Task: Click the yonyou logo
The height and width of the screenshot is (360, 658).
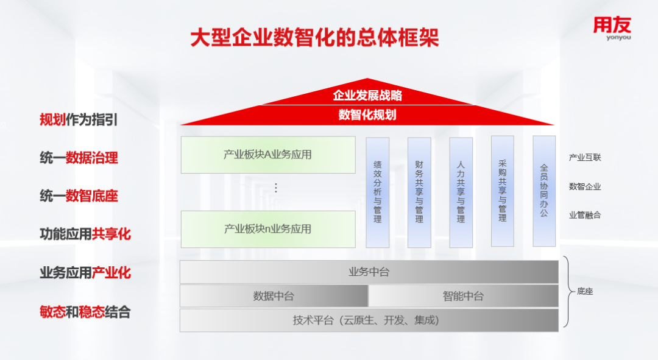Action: tap(612, 28)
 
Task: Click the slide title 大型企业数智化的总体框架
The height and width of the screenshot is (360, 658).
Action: tap(314, 38)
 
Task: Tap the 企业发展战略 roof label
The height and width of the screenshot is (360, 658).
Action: tap(367, 96)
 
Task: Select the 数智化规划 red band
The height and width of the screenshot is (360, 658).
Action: tap(367, 115)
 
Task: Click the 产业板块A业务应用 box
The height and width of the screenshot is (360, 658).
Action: tap(268, 155)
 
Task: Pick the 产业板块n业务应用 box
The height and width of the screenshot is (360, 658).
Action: tap(268, 229)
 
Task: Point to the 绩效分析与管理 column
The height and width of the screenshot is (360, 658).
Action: tap(378, 192)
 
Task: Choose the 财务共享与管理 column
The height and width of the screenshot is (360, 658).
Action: tap(419, 192)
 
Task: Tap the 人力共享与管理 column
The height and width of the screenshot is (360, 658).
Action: tap(461, 192)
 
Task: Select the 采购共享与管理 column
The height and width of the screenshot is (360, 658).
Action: tap(503, 191)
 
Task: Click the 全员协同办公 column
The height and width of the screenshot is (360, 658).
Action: tap(544, 191)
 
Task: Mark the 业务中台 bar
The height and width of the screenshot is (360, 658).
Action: tap(369, 272)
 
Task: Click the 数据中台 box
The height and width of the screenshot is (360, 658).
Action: tap(274, 296)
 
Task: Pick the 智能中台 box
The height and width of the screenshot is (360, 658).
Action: tap(463, 296)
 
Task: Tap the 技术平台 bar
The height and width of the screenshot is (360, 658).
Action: tap(369, 320)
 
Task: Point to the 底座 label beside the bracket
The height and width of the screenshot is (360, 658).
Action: tap(585, 292)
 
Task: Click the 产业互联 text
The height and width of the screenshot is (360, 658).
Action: tap(585, 158)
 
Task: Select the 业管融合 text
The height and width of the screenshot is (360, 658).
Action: tap(585, 215)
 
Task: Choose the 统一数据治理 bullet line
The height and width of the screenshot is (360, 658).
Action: tap(79, 158)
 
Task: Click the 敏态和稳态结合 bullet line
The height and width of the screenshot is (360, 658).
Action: tap(85, 312)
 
